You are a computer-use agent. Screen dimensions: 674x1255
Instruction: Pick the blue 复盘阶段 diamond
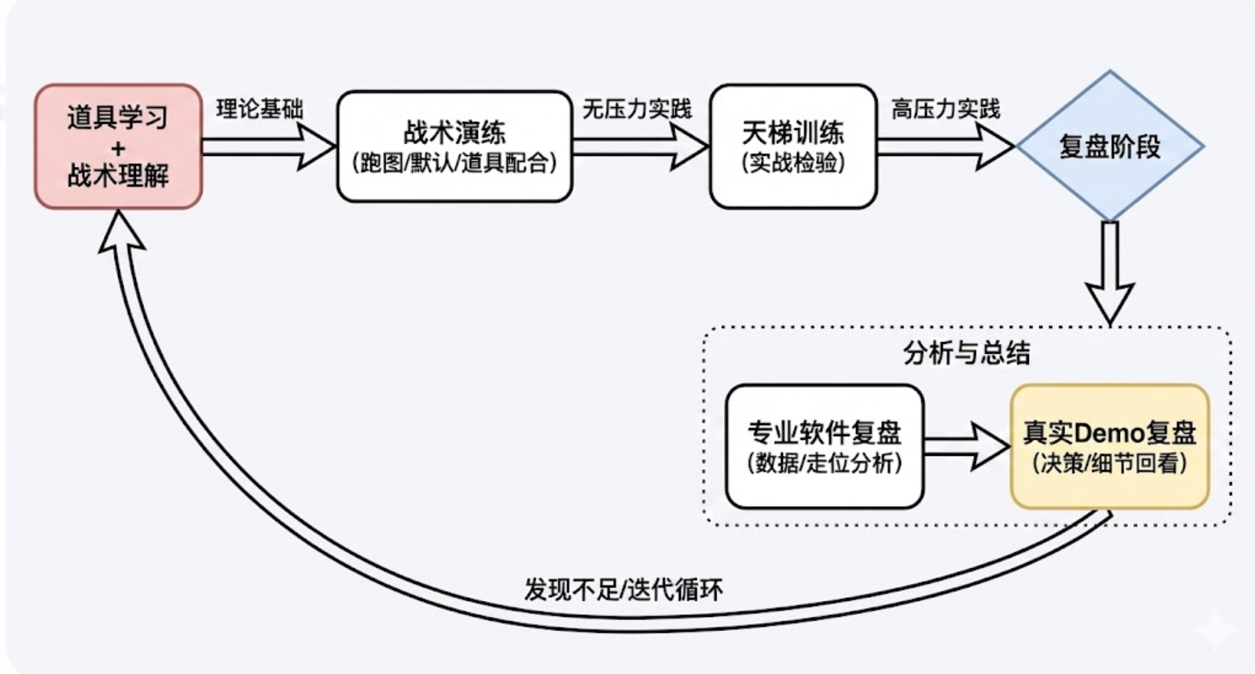coord(1109,146)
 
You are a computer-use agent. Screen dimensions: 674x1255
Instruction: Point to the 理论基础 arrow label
coord(259,109)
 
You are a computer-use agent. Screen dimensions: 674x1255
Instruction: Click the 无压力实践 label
coord(637,109)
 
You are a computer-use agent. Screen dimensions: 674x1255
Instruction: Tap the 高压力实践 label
coord(945,109)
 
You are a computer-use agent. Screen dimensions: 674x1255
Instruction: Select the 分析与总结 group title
coord(966,353)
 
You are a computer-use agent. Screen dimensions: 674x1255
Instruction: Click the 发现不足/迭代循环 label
coord(623,590)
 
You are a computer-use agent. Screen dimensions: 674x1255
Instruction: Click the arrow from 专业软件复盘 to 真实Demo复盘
coord(966,446)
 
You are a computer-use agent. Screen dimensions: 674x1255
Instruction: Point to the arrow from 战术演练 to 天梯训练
coord(640,146)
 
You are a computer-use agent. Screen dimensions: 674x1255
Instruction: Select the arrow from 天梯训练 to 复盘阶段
coord(945,146)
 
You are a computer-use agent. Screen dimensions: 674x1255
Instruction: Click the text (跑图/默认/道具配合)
coord(454,163)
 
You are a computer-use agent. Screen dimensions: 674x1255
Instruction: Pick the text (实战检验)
coord(793,163)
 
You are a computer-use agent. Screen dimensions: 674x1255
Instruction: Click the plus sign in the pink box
coord(118,148)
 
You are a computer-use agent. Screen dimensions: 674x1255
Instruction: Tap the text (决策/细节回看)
coord(1109,463)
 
